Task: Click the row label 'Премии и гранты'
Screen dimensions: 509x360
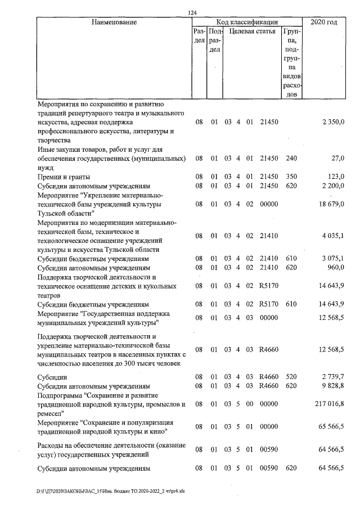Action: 64,177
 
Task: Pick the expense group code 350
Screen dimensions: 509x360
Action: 291,177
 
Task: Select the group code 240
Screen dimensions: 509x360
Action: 291,159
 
